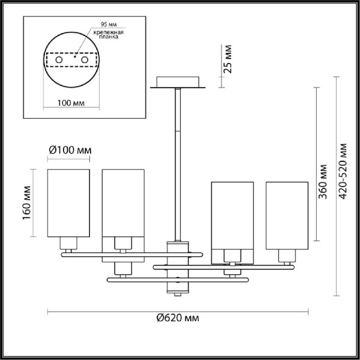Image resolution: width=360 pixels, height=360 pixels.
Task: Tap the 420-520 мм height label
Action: click(x=343, y=172)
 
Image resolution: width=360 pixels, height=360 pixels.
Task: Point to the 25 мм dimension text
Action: click(x=227, y=58)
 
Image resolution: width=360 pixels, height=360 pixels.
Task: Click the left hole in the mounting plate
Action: click(x=59, y=60)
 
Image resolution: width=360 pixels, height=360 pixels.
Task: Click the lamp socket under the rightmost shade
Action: click(x=286, y=256)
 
